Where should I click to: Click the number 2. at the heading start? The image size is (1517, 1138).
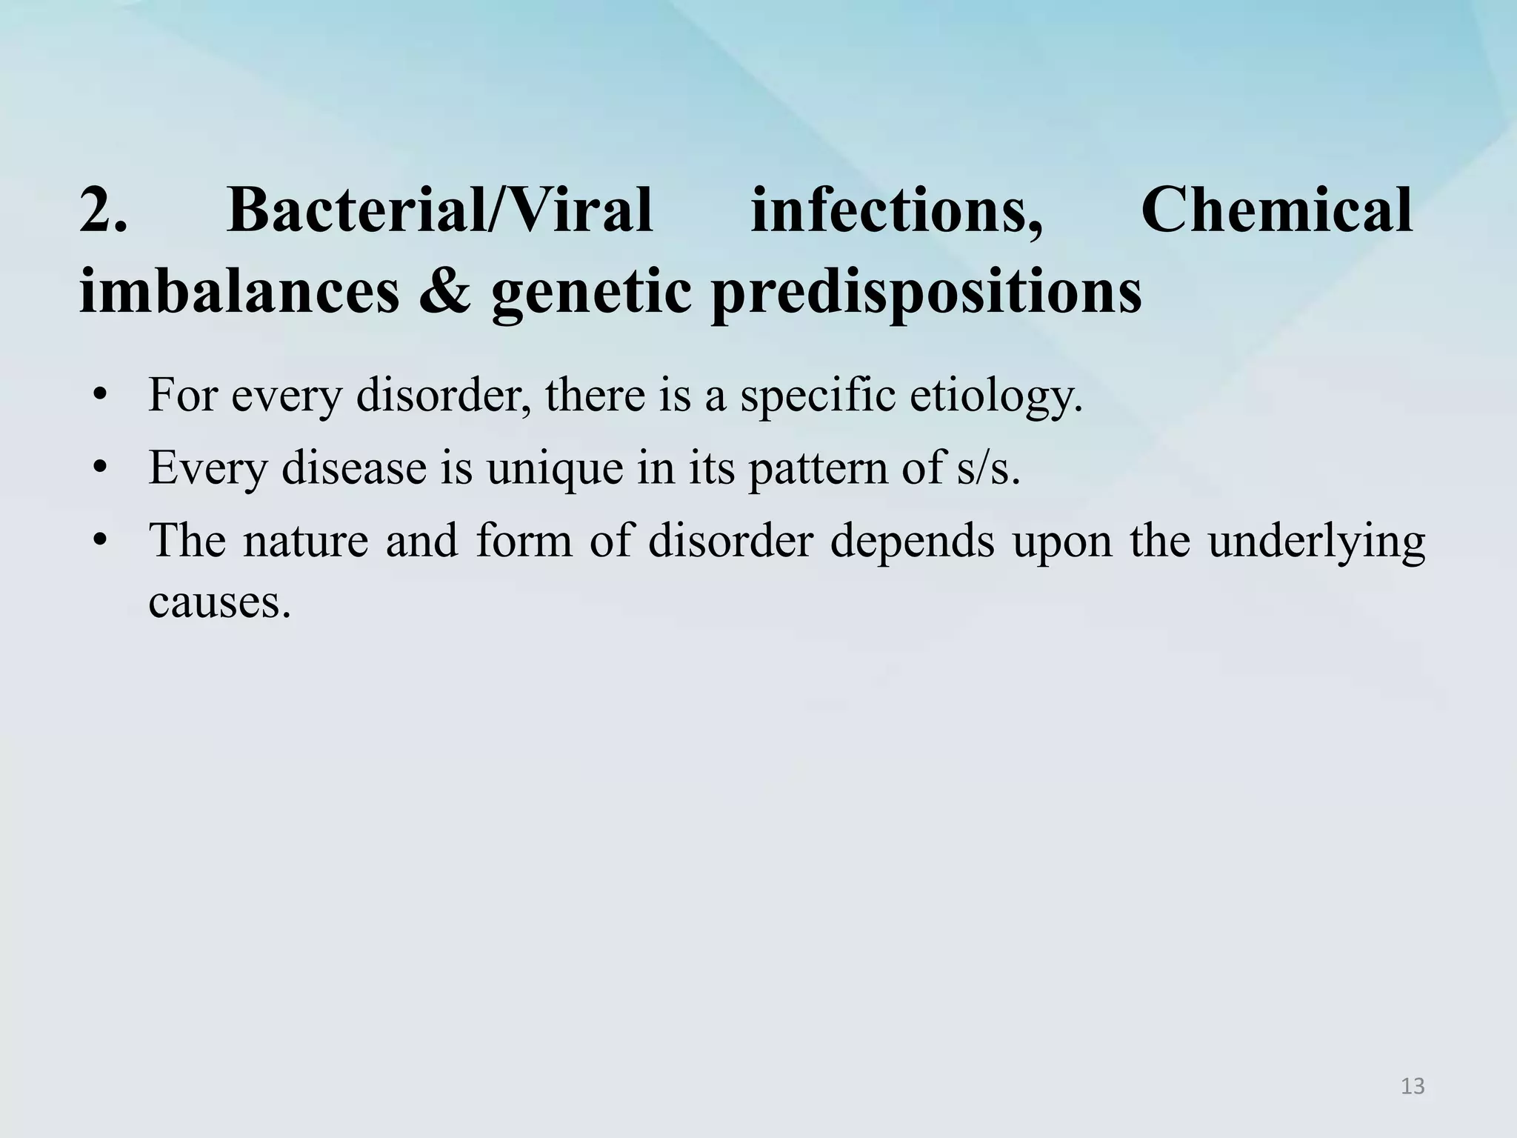coord(103,210)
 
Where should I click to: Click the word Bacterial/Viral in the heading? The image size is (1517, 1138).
coord(440,210)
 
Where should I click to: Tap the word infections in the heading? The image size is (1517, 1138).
coord(896,210)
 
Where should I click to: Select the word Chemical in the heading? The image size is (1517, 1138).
coord(1276,210)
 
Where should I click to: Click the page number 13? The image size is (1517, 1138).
coord(1413,1086)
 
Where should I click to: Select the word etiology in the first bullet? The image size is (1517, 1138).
coord(996,396)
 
